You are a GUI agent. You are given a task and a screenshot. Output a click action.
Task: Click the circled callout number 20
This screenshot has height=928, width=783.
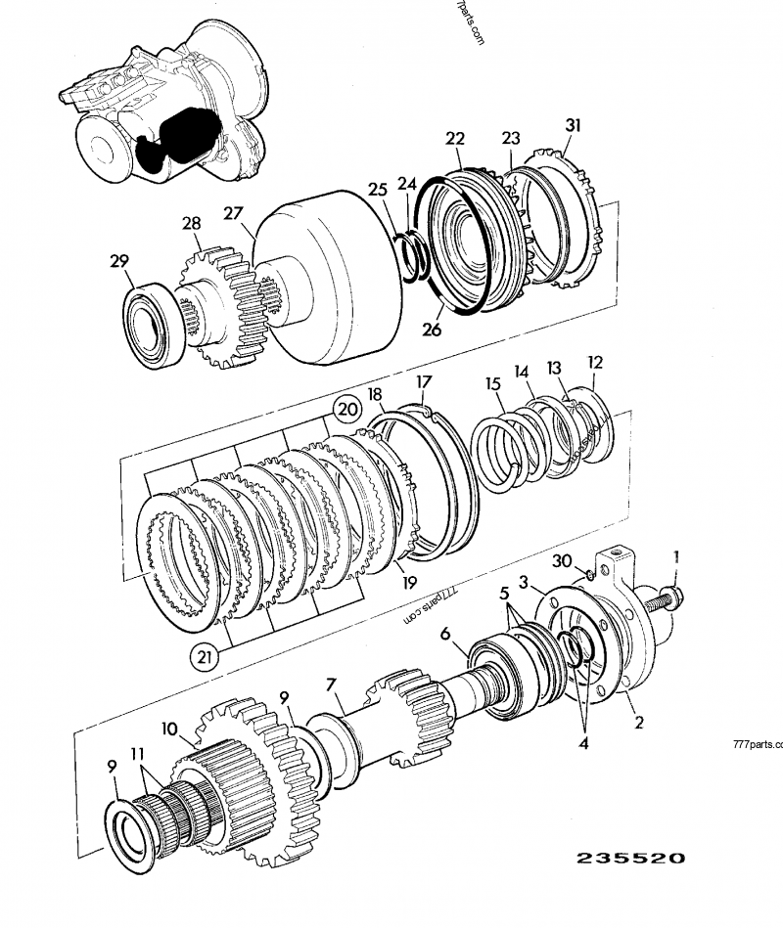tap(344, 407)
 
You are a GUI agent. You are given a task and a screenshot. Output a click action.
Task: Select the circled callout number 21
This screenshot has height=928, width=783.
tap(205, 658)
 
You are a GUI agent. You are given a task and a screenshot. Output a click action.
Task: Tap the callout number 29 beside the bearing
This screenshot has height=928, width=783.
tap(118, 261)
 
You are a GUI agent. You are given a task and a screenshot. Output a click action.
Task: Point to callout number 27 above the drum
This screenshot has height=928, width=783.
tap(231, 215)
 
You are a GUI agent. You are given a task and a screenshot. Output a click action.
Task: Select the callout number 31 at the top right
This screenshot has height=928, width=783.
tap(573, 124)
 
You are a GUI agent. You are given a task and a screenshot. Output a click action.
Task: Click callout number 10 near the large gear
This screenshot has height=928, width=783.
tap(168, 729)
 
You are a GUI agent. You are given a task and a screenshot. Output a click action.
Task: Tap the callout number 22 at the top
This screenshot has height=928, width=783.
tap(454, 139)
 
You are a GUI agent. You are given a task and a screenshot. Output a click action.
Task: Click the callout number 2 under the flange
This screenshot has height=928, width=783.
tap(638, 724)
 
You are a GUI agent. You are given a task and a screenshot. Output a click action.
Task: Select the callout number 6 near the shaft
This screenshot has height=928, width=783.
tap(445, 635)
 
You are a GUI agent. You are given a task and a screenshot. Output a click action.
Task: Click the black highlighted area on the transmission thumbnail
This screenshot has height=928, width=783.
tap(176, 136)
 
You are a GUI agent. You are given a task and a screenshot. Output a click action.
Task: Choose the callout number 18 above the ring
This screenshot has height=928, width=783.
tap(375, 393)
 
